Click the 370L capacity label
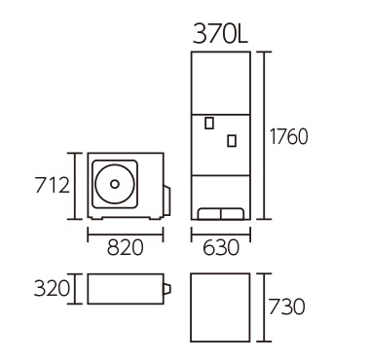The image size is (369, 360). click(220, 34)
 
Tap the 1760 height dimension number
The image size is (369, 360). click(288, 136)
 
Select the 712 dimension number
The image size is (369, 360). click(52, 185)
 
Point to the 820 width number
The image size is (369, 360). click(125, 247)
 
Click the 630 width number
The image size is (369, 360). click(221, 247)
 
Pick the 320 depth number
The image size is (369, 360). click(52, 288)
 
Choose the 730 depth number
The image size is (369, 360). click(286, 306)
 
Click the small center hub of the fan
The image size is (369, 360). click(115, 184)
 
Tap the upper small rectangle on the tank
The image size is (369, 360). click(209, 123)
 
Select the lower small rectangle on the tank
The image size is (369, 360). click(232, 141)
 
